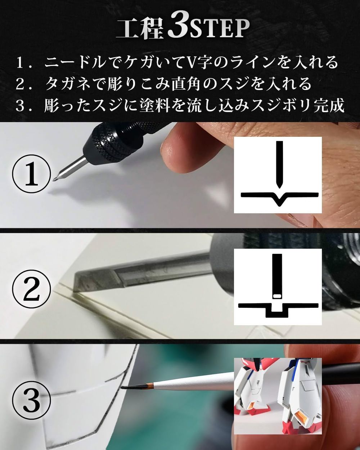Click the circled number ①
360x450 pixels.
click(x=32, y=174)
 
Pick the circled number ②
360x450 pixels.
click(x=32, y=289)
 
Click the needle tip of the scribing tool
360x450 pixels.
click(x=54, y=180)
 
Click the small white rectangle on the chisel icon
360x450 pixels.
click(x=277, y=296)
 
